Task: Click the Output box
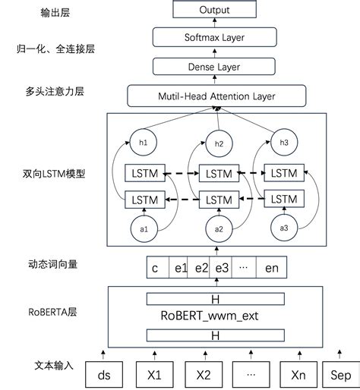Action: pos(214,10)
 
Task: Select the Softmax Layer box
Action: pos(214,36)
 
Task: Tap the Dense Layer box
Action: pos(214,67)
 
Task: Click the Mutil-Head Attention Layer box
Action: pos(216,96)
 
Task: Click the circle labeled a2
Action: pos(219,228)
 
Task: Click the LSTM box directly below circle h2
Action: pos(219,173)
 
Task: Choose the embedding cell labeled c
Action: pos(155,268)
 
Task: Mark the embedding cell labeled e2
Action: pos(201,268)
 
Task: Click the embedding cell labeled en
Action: pos(271,268)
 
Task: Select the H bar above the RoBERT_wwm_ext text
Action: pos(215,300)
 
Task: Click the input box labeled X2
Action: pos(203,373)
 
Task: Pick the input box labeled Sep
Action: pos(339,373)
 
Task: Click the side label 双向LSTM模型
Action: pos(55,172)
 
